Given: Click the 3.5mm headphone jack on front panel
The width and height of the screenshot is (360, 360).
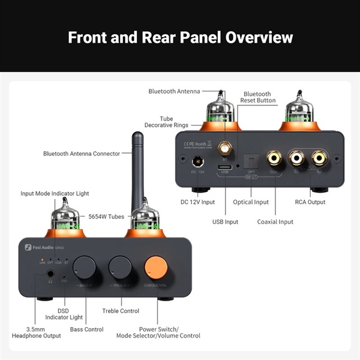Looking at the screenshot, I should click(51, 274).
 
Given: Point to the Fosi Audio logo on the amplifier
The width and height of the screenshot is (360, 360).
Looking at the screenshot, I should click(44, 247).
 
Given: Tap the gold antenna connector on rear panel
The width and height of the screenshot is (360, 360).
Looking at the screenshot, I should click(225, 148).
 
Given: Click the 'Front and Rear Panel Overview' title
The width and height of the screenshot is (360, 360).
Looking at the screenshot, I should click(180, 37).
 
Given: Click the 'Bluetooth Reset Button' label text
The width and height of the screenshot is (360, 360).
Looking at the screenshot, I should click(257, 97).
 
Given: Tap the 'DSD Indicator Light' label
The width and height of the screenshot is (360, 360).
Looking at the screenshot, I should click(62, 313).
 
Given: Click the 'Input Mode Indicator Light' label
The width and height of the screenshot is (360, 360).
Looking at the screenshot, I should click(55, 194).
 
